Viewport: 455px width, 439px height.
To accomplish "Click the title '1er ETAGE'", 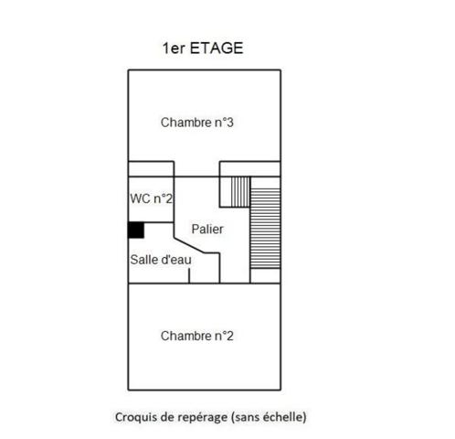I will (x=203, y=48).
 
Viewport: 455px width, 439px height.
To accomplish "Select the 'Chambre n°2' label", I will (x=197, y=336).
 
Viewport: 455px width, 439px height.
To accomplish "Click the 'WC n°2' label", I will (x=151, y=198).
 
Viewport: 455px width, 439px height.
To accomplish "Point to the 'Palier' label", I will (x=207, y=229).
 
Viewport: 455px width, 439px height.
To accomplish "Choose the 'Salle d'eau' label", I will (x=159, y=259).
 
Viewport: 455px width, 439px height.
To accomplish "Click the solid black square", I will (x=135, y=230).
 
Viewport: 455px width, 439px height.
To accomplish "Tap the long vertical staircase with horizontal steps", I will (x=265, y=229).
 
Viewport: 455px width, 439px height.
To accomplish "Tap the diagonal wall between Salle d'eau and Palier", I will (x=196, y=247).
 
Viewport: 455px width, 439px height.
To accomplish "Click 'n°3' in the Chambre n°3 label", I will (x=225, y=122).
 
